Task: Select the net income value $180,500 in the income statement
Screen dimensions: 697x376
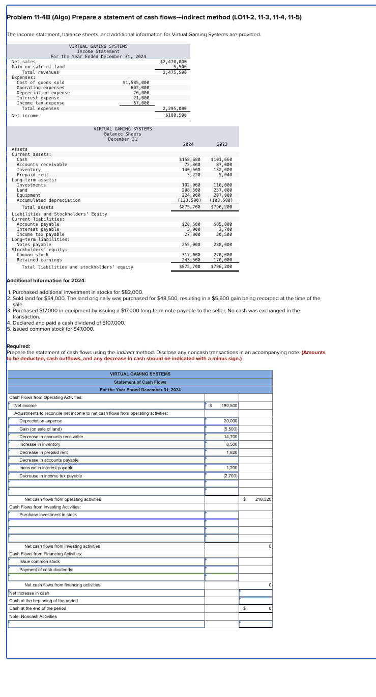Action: (x=176, y=115)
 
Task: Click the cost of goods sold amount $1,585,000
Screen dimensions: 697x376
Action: (x=136, y=82)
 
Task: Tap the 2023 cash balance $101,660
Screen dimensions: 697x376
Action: (x=221, y=159)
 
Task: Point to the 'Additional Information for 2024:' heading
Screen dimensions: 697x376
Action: (x=46, y=281)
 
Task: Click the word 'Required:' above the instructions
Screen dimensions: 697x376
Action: (x=18, y=346)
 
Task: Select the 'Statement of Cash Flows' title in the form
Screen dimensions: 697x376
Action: (x=140, y=382)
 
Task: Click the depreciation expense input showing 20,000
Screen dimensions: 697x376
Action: (x=222, y=421)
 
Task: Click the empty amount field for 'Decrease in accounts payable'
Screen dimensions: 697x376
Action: (x=222, y=460)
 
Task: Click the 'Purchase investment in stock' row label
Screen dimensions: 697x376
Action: (x=48, y=515)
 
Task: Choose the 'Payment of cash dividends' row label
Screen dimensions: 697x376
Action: (x=45, y=570)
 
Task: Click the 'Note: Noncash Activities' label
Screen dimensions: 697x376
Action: (x=33, y=616)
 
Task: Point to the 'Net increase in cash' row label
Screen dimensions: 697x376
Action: (x=29, y=593)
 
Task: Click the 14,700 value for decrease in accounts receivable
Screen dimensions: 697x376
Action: (x=222, y=437)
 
